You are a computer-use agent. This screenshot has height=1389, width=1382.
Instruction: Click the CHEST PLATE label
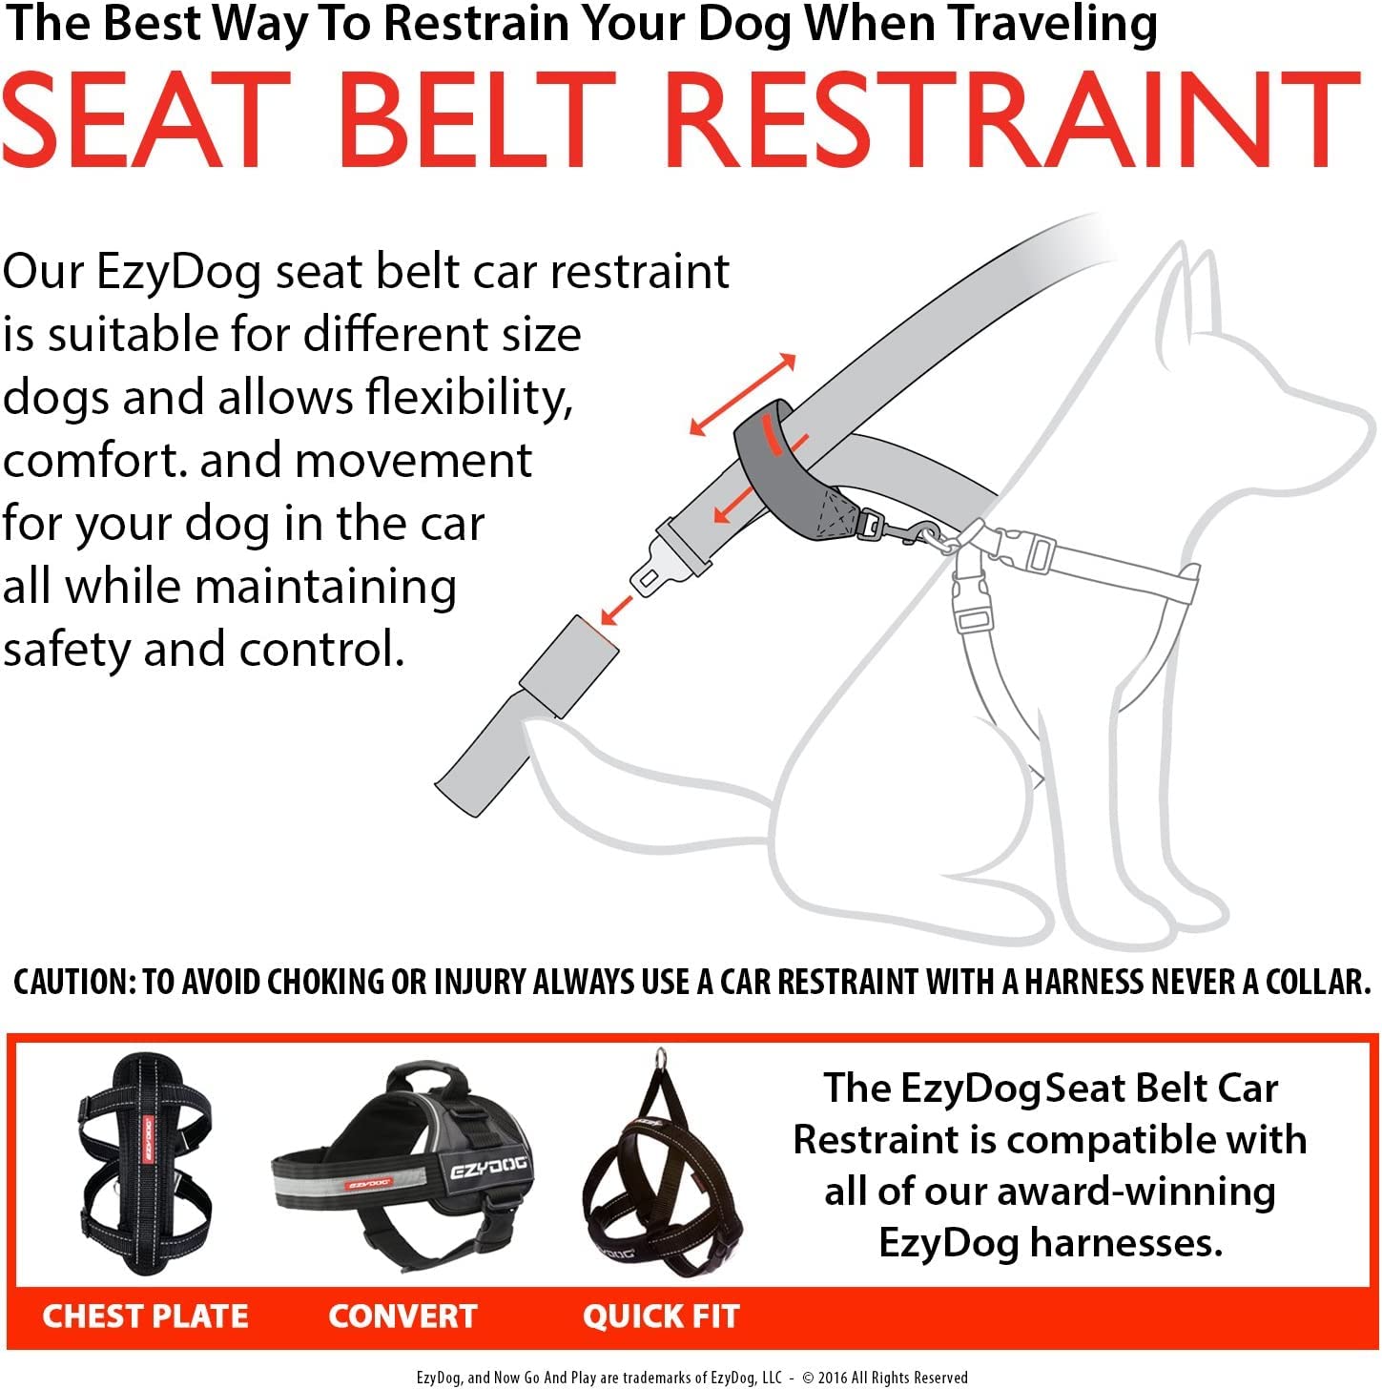pos(145,1316)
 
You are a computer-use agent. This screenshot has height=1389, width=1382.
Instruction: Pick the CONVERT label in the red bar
pos(402,1316)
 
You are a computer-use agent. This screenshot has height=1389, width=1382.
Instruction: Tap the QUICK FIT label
pos(661,1316)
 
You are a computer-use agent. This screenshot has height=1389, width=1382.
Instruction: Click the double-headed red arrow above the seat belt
pos(742,394)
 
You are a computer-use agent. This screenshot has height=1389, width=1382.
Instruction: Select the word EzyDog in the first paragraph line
pos(177,272)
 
